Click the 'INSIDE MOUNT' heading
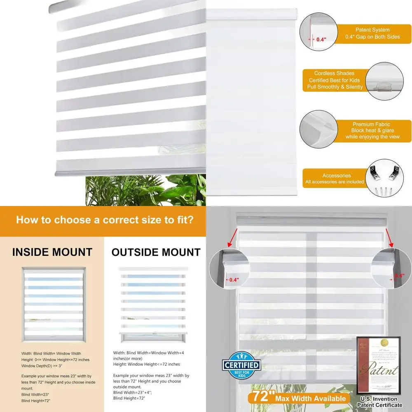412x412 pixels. point(52,252)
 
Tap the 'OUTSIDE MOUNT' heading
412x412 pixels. point(156,252)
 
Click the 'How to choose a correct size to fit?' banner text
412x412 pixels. point(105,220)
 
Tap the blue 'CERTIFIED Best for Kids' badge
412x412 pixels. point(241,364)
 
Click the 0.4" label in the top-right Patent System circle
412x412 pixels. point(321,40)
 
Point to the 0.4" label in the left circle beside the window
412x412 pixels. point(234,280)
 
